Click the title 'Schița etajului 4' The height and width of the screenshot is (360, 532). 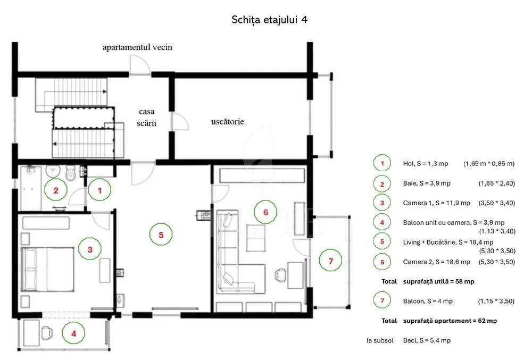(x=270, y=20)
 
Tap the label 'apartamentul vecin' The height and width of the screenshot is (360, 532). (x=137, y=47)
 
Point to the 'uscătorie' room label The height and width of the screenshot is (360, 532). (x=227, y=122)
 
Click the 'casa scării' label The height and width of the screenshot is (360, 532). (x=146, y=117)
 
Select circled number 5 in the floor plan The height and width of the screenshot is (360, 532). (x=160, y=233)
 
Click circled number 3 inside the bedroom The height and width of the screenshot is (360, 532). (x=89, y=248)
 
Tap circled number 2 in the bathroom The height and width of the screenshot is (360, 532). (x=55, y=189)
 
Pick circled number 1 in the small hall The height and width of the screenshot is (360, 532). (x=99, y=189)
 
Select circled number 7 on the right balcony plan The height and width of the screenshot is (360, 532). (x=330, y=261)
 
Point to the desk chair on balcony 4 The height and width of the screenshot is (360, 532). (x=46, y=331)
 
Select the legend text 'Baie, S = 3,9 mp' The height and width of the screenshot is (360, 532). (x=427, y=183)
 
